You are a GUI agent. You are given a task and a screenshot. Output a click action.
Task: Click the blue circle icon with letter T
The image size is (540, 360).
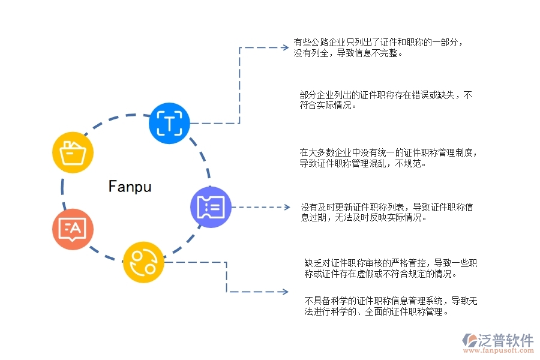pyautogui.click(x=169, y=123)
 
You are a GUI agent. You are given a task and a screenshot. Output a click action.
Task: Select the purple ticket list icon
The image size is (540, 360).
pyautogui.click(x=210, y=207)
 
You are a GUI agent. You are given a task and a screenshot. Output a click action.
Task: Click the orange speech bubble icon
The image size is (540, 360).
pyautogui.click(x=73, y=229)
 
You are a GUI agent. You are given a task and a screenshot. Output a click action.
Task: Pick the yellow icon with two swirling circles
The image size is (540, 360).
pyautogui.click(x=143, y=262)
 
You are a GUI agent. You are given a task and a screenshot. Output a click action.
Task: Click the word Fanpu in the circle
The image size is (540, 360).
pyautogui.click(x=130, y=187)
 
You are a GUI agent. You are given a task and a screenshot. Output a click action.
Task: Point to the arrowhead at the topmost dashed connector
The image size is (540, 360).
pyautogui.click(x=287, y=47)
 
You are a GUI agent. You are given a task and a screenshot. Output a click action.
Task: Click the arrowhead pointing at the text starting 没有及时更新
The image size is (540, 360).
pyautogui.click(x=287, y=208)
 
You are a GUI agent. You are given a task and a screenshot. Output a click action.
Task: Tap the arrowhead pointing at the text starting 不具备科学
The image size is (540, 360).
pyautogui.click(x=287, y=292)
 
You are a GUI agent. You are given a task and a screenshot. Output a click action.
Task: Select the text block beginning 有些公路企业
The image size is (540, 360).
pyautogui.click(x=377, y=47)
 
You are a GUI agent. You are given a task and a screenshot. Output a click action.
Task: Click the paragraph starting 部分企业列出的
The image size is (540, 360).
pyautogui.click(x=386, y=100)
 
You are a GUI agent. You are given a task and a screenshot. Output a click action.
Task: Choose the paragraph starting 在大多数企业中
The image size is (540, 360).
pyautogui.click(x=389, y=158)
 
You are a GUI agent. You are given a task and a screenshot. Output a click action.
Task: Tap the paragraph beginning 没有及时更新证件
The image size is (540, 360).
pyautogui.click(x=387, y=212)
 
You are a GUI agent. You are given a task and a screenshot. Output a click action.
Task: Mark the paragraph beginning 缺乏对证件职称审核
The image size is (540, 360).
pyautogui.click(x=391, y=269)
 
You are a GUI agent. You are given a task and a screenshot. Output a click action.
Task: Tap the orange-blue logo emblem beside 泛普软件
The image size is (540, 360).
pyautogui.click(x=469, y=340)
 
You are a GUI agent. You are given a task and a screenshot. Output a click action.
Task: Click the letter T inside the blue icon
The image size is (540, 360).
pyautogui.click(x=170, y=124)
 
